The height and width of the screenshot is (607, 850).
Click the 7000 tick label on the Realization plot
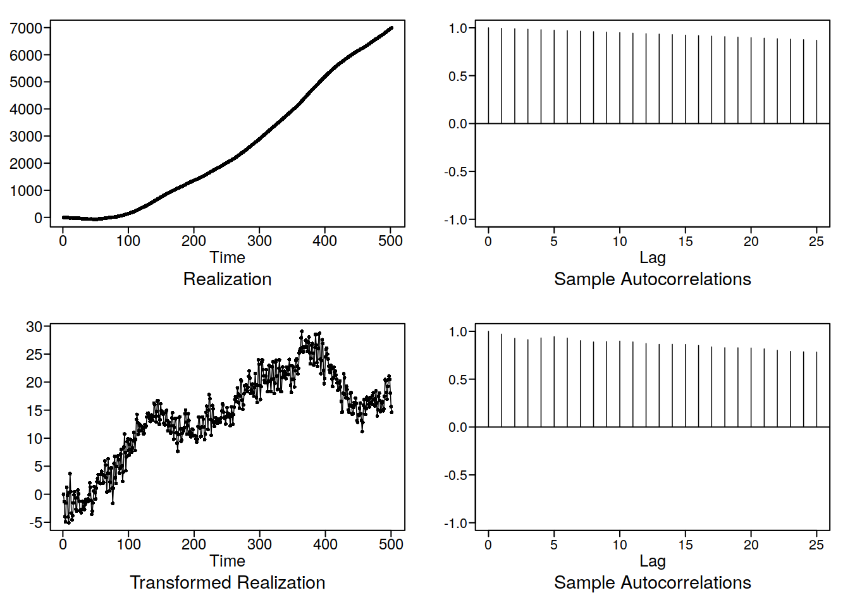(25, 28)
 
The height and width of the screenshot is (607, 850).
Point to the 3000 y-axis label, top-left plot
(25, 137)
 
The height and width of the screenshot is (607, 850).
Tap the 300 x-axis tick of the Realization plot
(259, 241)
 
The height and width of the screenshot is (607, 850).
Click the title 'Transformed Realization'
(227, 582)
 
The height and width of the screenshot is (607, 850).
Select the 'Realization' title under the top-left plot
(227, 279)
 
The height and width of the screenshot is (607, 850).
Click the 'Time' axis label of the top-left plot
(227, 257)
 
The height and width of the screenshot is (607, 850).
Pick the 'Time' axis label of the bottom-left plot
(227, 561)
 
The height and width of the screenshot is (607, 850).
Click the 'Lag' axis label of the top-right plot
(652, 257)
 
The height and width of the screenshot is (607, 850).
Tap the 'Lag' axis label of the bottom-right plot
(652, 561)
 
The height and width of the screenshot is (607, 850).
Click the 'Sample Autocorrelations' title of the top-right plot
(652, 279)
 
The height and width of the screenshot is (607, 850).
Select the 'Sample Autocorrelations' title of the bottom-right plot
(652, 582)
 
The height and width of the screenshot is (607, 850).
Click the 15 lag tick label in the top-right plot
(686, 241)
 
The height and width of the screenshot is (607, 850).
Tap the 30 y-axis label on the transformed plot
(34, 327)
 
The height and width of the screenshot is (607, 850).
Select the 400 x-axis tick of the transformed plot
(325, 544)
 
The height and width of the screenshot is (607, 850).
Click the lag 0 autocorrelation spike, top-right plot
(488, 75)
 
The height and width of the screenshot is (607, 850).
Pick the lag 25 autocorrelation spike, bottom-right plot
(816, 389)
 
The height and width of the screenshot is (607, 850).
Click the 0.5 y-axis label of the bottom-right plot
(458, 379)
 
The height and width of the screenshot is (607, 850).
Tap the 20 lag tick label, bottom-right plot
(751, 544)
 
